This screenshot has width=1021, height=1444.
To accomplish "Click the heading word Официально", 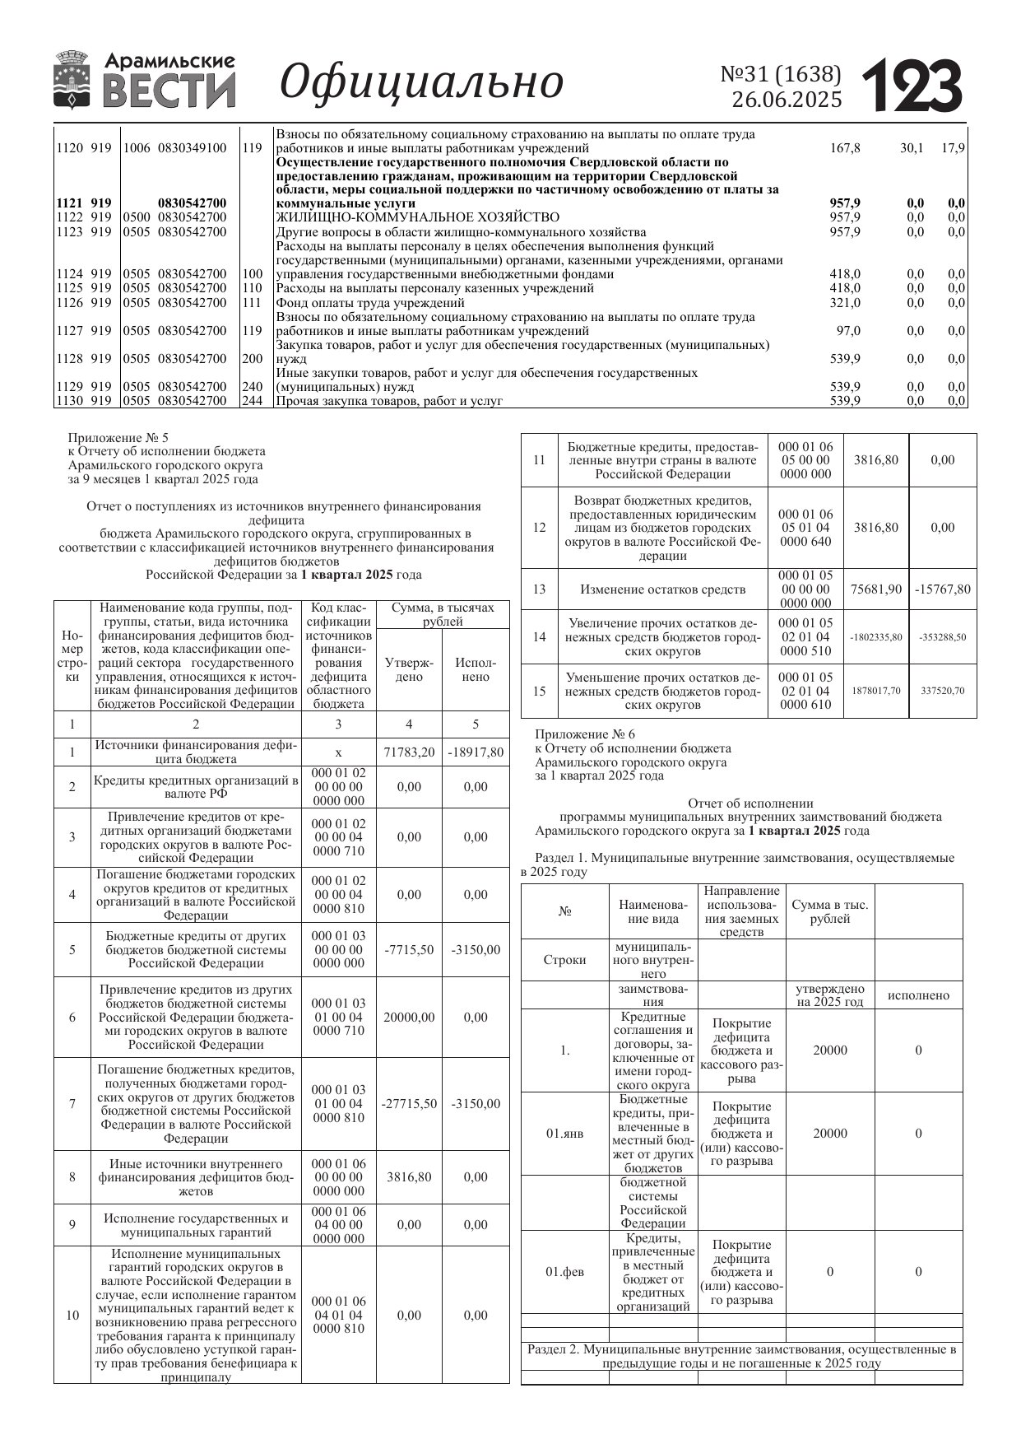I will pos(421,82).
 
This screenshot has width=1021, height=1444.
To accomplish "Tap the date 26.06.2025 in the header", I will pos(787,100).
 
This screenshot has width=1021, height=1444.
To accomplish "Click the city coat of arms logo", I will pos(73,80).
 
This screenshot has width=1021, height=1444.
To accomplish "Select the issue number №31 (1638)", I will pos(781,74).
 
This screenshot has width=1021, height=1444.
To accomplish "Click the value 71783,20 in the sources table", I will pos(409,752).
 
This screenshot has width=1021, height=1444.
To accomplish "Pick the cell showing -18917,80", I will pos(476,752).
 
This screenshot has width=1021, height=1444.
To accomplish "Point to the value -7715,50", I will pos(409,949).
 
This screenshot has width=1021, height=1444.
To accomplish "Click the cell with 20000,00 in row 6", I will pos(409,1017).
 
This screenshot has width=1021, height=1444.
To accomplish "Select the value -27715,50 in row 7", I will pos(409,1103).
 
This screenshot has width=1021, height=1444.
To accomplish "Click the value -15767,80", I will pos(943,589).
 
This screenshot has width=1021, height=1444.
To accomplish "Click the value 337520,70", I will pos(943,691).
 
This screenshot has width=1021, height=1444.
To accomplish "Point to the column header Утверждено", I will pos(409,669).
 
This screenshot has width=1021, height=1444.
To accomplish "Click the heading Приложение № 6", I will pos(585,734).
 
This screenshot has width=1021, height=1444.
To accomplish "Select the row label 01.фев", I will pos(565,1272).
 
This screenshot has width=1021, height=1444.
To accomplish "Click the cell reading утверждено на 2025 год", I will pos(830,995).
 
